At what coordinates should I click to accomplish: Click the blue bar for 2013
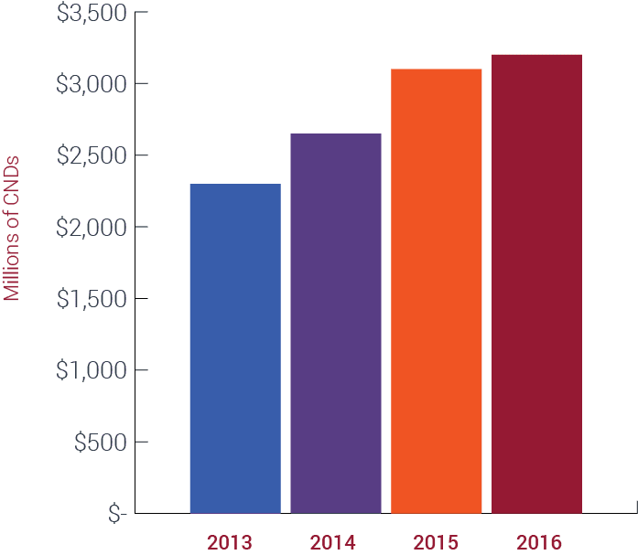coord(235,348)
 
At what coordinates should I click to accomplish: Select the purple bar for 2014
coord(336,324)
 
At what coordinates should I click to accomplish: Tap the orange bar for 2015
coord(437,292)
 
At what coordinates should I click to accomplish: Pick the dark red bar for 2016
coord(536,284)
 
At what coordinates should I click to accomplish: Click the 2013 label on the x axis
coord(230,542)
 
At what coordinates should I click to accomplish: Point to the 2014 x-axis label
coord(333,542)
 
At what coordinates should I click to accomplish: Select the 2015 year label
coord(436,542)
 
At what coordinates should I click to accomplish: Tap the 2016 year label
coord(539,542)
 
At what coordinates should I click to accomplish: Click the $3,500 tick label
coord(92,13)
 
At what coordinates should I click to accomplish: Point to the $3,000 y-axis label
coord(92,84)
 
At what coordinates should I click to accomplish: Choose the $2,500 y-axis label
coord(92,155)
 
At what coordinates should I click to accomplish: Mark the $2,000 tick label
coord(92,228)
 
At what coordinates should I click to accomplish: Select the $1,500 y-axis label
coord(92,299)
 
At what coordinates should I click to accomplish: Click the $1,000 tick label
coord(92,370)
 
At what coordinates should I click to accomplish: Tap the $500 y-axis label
coord(101,442)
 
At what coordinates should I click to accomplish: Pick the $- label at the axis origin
coord(117,514)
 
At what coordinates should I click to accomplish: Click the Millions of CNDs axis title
coord(11,229)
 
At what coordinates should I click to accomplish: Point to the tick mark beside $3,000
coord(141,84)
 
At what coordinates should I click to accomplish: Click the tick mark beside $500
coord(141,442)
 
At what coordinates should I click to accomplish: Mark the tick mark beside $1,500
coord(141,298)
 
